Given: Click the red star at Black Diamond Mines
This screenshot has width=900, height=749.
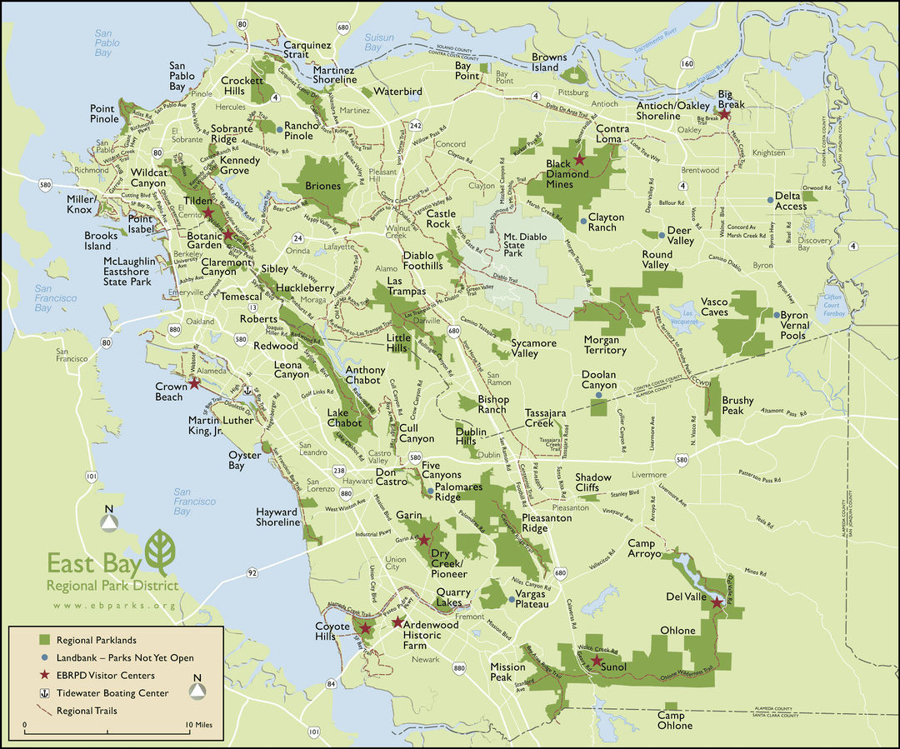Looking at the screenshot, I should (579, 159).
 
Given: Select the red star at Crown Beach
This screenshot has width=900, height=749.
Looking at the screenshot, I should (194, 383).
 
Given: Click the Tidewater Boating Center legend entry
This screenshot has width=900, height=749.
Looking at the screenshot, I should (112, 693).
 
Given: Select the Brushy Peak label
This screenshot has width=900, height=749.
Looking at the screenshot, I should (737, 406).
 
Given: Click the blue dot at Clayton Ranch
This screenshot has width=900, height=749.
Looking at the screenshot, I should (583, 221).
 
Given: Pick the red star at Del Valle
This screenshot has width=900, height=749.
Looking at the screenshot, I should (717, 601).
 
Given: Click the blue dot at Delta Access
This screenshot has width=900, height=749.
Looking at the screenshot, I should (770, 199).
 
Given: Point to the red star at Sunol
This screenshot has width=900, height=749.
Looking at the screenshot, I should (596, 660).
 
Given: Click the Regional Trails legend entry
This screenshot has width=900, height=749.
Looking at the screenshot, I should (87, 711).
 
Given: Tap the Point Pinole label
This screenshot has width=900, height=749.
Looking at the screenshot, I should (102, 114).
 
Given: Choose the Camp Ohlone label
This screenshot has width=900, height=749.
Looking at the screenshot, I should (674, 721).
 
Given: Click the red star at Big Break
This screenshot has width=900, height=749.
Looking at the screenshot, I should (724, 115).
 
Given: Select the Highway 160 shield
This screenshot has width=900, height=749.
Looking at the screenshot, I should (687, 63).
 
